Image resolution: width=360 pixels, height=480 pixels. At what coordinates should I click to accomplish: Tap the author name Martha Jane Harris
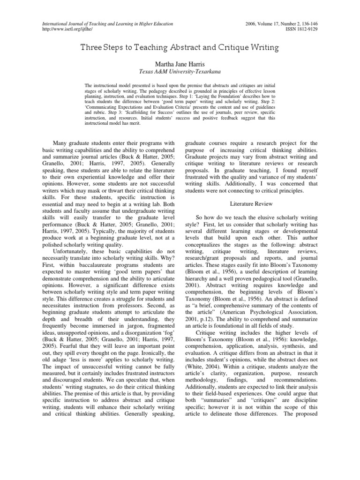click(x=180, y=63)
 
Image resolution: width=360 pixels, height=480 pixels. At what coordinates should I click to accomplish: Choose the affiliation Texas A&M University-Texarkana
click(x=180, y=72)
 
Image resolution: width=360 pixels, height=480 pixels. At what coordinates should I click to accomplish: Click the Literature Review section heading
click(x=251, y=204)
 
